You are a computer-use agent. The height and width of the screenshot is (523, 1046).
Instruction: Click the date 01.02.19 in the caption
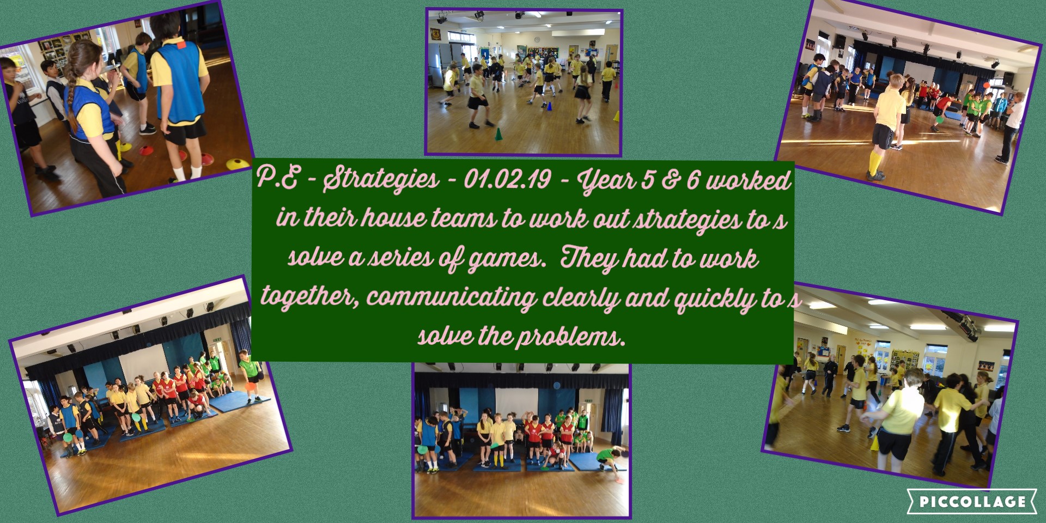(x=507, y=180)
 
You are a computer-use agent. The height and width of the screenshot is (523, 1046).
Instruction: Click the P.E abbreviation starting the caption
(x=277, y=180)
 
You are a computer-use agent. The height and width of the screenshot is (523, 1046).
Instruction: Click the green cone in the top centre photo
(x=497, y=134)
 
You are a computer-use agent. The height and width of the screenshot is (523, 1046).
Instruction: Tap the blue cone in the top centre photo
(x=549, y=106)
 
